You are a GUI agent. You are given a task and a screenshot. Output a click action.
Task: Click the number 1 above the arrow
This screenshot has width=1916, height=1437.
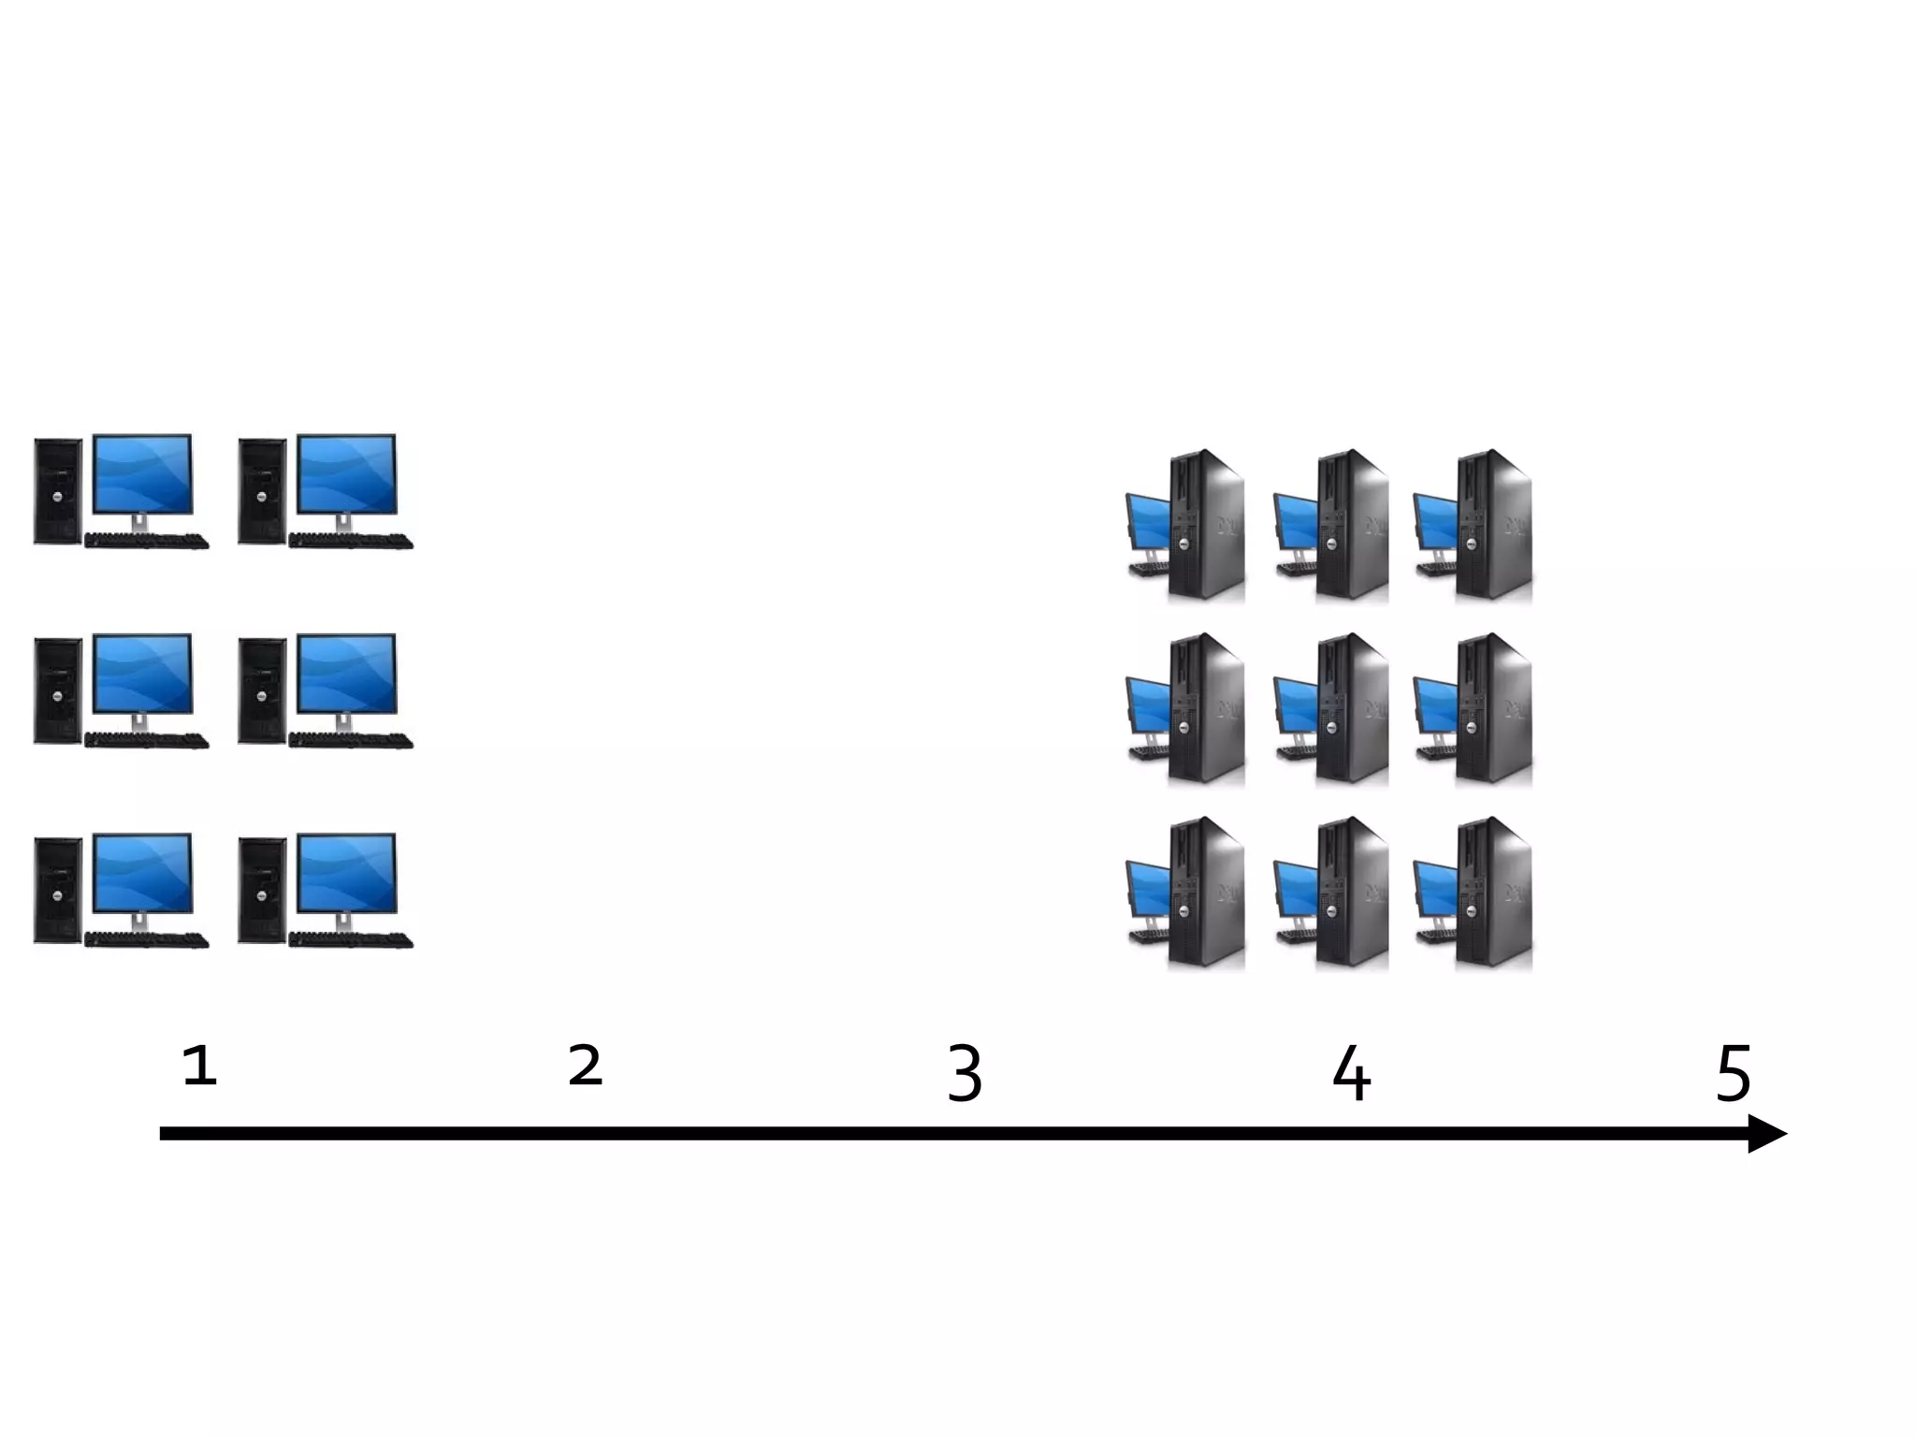(200, 1066)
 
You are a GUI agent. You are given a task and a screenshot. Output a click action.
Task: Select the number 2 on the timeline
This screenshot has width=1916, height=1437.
(586, 1066)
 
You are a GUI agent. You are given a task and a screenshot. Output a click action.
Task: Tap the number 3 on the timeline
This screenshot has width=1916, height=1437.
(965, 1074)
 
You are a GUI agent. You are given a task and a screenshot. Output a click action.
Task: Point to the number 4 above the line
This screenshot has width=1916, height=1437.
(1351, 1074)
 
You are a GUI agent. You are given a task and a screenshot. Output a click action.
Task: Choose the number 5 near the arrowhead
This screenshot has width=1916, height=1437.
(1734, 1074)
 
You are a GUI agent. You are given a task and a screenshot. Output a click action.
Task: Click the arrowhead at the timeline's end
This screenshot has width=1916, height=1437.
(1766, 1134)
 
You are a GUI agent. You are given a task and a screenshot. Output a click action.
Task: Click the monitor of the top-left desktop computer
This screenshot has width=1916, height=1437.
(142, 473)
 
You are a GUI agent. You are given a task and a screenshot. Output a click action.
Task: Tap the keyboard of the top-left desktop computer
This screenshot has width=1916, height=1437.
(147, 541)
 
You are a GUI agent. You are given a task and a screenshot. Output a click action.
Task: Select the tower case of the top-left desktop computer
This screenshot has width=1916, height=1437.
(57, 491)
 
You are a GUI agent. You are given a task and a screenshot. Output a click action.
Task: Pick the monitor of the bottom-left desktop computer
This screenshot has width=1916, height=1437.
(142, 873)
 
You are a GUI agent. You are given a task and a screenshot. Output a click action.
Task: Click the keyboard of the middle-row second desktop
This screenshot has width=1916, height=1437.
(351, 741)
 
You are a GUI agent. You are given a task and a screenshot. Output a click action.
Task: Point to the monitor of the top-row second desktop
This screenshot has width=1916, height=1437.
(346, 473)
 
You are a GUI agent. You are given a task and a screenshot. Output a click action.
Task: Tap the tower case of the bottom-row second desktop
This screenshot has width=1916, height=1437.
(262, 890)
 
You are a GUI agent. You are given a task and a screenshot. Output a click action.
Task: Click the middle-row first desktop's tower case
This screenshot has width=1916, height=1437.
(57, 691)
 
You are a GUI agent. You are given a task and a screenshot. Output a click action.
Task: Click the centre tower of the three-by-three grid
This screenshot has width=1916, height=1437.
(1352, 708)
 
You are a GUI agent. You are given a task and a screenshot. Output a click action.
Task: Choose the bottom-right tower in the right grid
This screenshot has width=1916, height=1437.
(1493, 893)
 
